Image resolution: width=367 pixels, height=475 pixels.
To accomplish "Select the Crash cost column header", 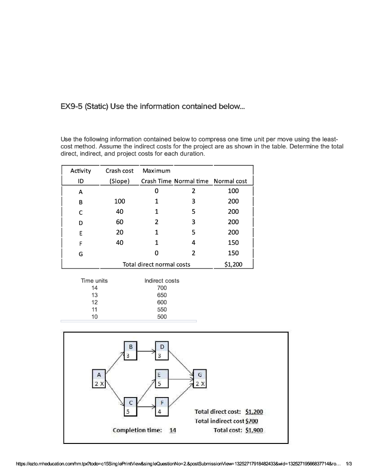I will coord(119,171).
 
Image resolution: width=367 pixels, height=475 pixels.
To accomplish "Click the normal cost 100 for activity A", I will coord(233,191).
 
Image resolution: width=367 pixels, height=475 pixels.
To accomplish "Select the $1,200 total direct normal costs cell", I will coord(233,265).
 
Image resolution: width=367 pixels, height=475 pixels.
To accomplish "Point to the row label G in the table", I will coord(80,254).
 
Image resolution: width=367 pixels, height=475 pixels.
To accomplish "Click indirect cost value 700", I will coord(161,288).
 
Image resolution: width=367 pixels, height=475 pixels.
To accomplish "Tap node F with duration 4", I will coord(162,407).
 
